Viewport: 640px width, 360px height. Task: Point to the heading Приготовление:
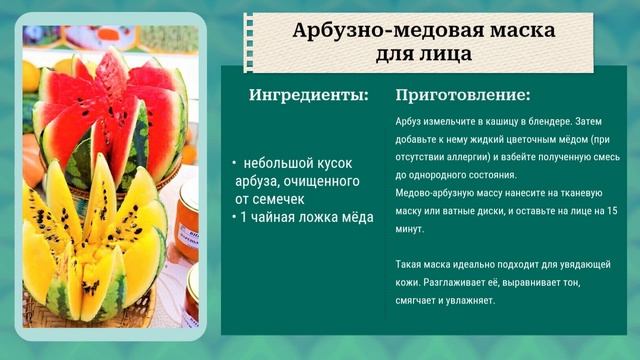click(463, 96)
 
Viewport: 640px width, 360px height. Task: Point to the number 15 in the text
click(612, 211)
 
